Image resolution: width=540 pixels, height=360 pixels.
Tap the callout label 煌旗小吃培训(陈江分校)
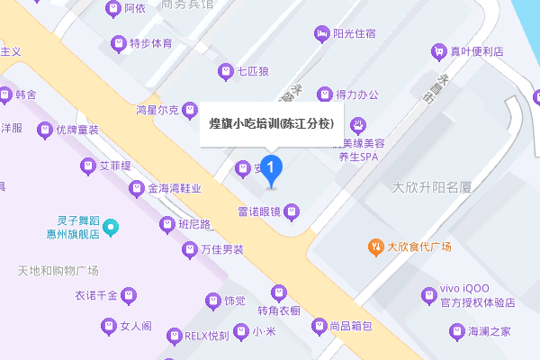point(271,124)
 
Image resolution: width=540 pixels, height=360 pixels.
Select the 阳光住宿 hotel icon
point(321,34)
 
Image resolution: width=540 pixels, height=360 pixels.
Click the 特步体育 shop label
point(150,43)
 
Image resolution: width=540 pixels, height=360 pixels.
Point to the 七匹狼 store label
point(254,70)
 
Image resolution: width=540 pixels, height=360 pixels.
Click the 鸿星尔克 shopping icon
point(190,111)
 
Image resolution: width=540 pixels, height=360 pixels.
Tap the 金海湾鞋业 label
point(175,189)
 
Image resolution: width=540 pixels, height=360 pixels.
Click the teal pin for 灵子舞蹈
point(111,227)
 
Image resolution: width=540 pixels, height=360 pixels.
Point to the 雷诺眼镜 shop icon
point(291,212)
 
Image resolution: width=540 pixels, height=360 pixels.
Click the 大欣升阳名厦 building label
point(433,188)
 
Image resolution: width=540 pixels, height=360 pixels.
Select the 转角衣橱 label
point(279,310)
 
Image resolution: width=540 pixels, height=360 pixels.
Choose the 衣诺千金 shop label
point(96,294)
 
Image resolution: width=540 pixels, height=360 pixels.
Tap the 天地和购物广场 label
point(58,271)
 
